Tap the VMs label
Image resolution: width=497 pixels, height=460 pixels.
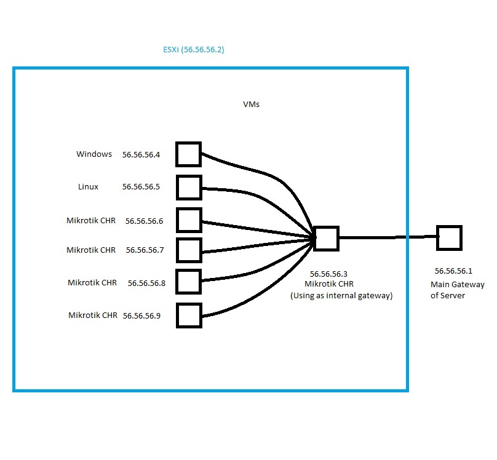click(251, 105)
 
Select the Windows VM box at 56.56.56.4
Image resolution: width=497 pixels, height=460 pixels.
click(189, 154)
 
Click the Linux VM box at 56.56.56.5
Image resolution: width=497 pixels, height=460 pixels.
click(189, 187)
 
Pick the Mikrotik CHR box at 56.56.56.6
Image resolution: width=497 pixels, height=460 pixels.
click(189, 220)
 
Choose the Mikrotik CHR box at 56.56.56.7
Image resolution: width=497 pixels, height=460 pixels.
click(189, 250)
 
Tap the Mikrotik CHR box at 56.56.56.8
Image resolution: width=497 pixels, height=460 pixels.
click(189, 281)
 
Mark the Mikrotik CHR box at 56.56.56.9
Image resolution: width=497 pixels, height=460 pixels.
click(189, 315)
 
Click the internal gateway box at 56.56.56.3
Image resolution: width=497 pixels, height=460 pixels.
click(326, 238)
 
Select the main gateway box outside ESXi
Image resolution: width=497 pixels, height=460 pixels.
click(449, 237)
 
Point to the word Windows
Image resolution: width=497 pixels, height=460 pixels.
click(94, 154)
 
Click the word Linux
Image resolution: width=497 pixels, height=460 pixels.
click(88, 186)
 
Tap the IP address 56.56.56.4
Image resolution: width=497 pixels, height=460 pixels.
click(141, 155)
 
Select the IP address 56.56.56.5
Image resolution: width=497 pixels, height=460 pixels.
click(141, 186)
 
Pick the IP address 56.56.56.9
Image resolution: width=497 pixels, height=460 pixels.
click(141, 316)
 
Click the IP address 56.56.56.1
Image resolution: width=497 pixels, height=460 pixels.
click(453, 271)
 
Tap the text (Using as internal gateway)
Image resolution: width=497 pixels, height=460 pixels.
click(341, 296)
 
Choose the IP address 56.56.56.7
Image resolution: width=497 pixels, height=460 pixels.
click(145, 250)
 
